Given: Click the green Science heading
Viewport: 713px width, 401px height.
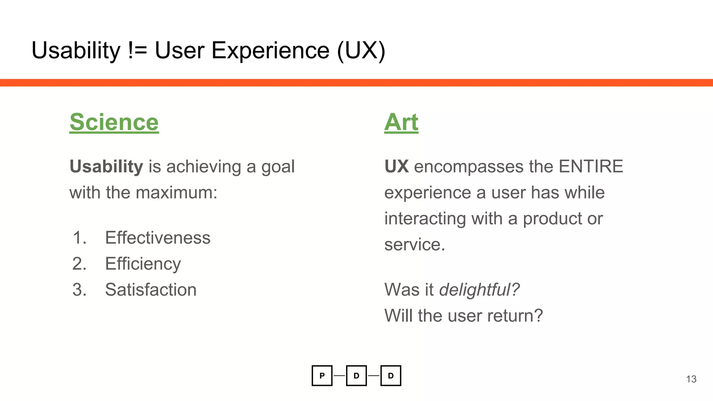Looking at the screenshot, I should click(x=114, y=122).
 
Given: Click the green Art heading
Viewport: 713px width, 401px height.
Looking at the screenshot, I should click(x=401, y=122).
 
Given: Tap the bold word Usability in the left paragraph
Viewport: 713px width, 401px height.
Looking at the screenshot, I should click(x=106, y=166).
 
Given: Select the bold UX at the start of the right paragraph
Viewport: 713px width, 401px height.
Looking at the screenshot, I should click(x=396, y=166).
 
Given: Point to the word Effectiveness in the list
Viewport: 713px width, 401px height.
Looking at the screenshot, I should click(x=158, y=238).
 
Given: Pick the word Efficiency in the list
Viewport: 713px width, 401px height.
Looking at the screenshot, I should click(x=143, y=264).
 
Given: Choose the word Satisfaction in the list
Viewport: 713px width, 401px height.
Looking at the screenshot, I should click(x=151, y=290).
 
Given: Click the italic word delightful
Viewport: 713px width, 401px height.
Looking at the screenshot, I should click(x=479, y=290).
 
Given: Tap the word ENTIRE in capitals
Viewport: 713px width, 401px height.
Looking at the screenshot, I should click(x=591, y=166).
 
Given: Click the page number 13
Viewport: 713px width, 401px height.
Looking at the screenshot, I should click(x=691, y=379).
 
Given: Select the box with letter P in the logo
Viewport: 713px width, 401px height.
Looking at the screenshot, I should click(x=322, y=376).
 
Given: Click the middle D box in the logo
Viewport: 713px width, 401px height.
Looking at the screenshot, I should click(x=356, y=376).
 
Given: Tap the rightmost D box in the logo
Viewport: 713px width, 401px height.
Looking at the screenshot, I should click(x=391, y=376).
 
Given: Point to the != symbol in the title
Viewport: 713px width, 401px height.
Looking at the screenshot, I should click(x=138, y=50).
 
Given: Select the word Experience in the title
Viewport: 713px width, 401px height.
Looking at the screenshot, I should click(x=270, y=50).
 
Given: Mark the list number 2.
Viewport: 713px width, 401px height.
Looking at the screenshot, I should click(x=79, y=264).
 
